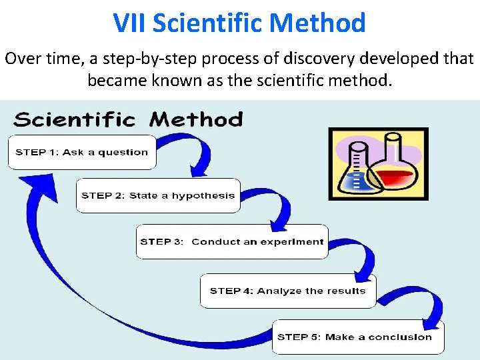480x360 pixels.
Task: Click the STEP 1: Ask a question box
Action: (81, 152)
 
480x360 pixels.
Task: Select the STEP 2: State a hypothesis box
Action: (158, 195)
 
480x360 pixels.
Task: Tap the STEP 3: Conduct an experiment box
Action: (232, 242)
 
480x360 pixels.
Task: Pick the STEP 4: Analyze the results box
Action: (288, 291)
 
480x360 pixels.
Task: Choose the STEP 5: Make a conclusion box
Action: (358, 337)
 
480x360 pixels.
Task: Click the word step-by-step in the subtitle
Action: (150, 59)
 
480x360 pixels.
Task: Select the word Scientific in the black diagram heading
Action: (74, 120)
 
